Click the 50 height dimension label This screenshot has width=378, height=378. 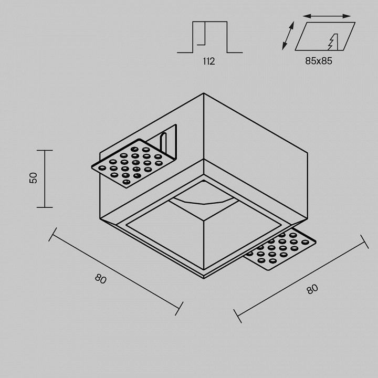(33, 178)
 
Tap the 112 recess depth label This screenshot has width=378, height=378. (209, 61)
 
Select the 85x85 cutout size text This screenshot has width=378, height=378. (319, 61)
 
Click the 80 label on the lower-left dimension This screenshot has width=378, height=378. (100, 279)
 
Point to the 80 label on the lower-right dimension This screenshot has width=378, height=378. (312, 289)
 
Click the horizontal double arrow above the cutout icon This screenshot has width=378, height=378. (327, 16)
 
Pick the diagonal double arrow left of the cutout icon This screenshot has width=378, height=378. (288, 36)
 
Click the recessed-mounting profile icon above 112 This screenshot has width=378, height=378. (209, 37)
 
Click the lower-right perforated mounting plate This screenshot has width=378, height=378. (280, 250)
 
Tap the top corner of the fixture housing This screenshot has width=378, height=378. (204, 93)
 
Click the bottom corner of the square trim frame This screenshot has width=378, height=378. (204, 278)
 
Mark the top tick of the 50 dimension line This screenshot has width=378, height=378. (45, 150)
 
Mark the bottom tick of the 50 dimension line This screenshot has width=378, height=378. (45, 207)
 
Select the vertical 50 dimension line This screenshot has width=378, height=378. (45, 178)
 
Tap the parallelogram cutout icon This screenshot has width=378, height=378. (325, 36)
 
